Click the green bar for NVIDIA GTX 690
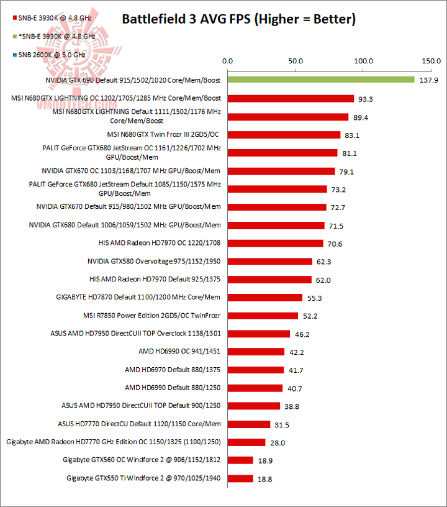point(320,80)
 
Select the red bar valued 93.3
point(291,98)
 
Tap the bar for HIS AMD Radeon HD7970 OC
point(275,243)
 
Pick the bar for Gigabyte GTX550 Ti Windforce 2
point(240,478)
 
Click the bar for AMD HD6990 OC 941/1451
point(256,352)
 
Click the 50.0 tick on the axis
point(295,62)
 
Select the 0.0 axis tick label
point(227,62)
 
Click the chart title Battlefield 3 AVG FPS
point(238,19)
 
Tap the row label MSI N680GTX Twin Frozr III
point(164,134)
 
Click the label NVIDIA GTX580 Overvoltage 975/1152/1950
point(154,261)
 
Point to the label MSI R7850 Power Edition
point(152,315)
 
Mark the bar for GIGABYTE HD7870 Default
point(265,298)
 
